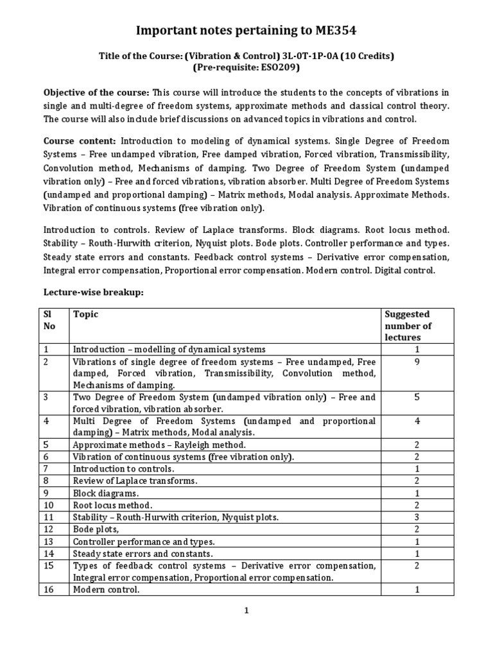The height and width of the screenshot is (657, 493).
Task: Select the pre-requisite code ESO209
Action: tap(280, 67)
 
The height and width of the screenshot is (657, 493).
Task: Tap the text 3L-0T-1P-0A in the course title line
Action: tap(303, 56)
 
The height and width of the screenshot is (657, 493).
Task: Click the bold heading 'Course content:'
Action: tap(80, 141)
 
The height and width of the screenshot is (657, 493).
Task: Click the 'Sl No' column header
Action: tap(49, 320)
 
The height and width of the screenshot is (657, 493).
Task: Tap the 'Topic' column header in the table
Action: tap(86, 314)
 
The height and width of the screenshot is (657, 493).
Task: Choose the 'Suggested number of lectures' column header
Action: tap(407, 325)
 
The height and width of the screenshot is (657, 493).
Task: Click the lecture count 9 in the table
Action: tap(417, 362)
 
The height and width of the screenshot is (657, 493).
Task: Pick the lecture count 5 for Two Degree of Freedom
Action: tap(417, 397)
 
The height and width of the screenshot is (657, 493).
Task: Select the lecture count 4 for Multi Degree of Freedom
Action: tap(417, 422)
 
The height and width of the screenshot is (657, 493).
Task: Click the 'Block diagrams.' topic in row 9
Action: tap(106, 493)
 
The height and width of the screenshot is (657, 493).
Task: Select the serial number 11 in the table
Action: tap(48, 517)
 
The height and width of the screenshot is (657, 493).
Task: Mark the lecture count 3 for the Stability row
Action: tap(417, 517)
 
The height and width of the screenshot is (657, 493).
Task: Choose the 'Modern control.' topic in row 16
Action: tap(106, 590)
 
